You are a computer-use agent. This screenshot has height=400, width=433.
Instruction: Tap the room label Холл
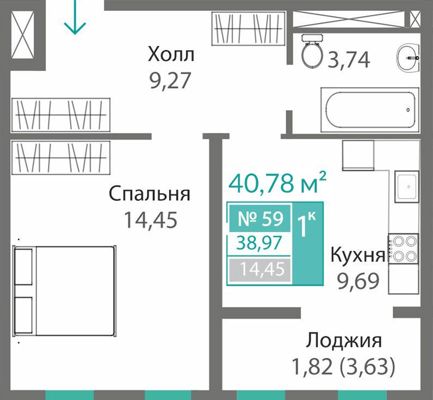[171, 54]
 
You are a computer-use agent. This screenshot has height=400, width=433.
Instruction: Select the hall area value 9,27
[170, 81]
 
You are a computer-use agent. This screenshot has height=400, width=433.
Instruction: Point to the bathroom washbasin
[409, 58]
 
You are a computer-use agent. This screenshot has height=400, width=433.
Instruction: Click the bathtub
[370, 110]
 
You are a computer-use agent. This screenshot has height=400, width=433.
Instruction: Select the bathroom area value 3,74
[349, 60]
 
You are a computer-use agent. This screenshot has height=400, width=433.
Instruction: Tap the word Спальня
[150, 194]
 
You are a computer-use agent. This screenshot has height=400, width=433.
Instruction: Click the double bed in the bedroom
[65, 291]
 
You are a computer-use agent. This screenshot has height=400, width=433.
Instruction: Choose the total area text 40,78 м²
[278, 183]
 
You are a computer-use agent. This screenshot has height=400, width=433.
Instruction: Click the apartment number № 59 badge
[260, 218]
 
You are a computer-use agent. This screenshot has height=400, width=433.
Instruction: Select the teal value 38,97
[259, 243]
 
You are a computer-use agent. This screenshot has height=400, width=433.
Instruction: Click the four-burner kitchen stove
[404, 249]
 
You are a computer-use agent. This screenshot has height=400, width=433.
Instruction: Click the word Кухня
[358, 254]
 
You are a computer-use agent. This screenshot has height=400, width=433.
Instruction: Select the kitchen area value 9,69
[358, 281]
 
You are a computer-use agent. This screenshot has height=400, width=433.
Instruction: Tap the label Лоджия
[344, 340]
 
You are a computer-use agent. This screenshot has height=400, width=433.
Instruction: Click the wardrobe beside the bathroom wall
[249, 28]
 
